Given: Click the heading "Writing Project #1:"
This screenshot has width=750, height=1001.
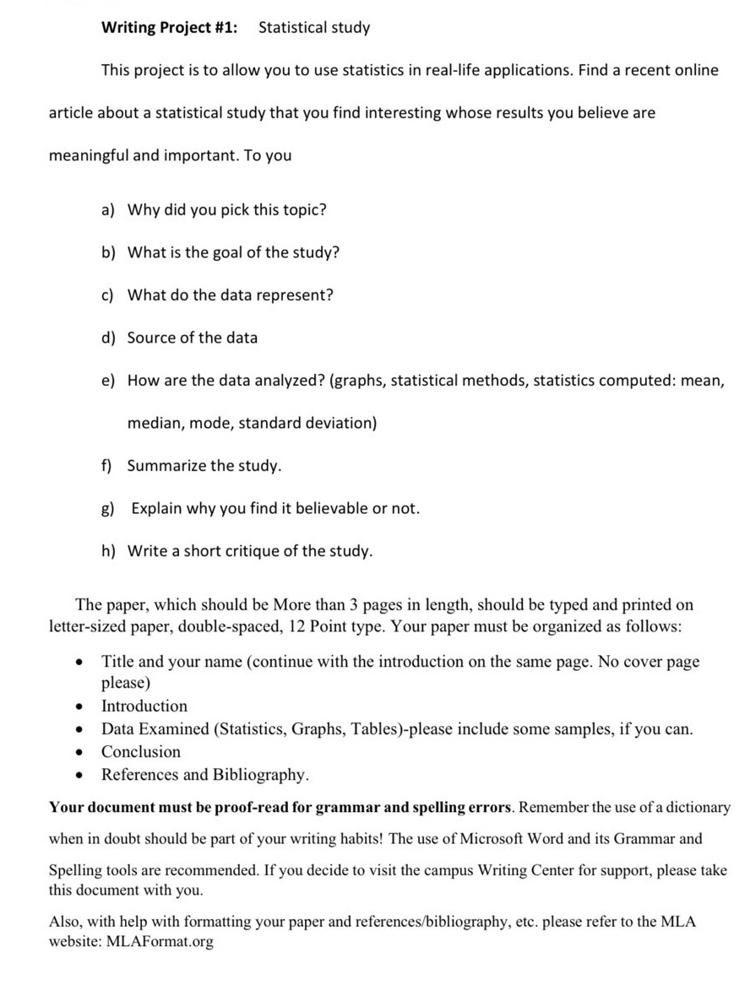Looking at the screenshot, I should pos(169,28).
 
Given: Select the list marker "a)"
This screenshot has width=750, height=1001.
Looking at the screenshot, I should pos(110,210).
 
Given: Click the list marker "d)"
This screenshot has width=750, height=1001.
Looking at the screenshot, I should pos(110,338).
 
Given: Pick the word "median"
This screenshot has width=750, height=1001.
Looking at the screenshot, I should pos(155,423).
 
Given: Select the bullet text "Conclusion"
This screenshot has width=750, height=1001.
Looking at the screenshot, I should pos(141,752).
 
